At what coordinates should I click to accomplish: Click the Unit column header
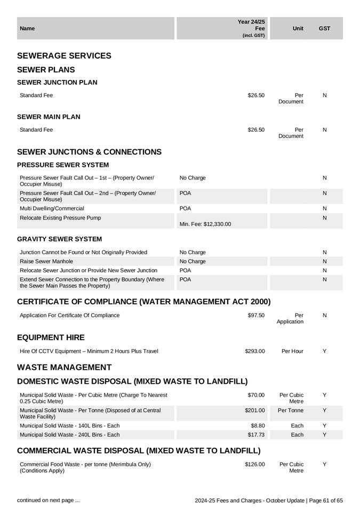click(298, 28)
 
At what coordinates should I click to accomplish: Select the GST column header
click(324, 28)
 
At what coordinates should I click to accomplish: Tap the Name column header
click(27, 28)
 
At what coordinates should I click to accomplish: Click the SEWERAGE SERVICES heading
click(64, 56)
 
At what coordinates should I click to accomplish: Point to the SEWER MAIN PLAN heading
click(49, 117)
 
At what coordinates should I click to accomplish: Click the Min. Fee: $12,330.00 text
click(205, 224)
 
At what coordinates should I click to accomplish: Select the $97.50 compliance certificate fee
click(256, 316)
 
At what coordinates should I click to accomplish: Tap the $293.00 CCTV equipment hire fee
click(255, 351)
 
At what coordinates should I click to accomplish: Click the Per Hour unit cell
click(292, 351)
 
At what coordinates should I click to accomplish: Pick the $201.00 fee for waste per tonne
click(255, 410)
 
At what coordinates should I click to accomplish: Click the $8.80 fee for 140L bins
click(258, 426)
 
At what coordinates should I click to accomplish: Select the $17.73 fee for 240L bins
click(256, 435)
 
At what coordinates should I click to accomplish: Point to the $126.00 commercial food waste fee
click(255, 464)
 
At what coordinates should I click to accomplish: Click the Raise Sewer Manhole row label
click(46, 261)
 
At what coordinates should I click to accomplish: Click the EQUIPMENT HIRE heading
click(51, 338)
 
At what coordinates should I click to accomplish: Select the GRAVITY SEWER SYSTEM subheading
click(59, 239)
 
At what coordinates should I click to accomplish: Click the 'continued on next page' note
click(49, 500)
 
